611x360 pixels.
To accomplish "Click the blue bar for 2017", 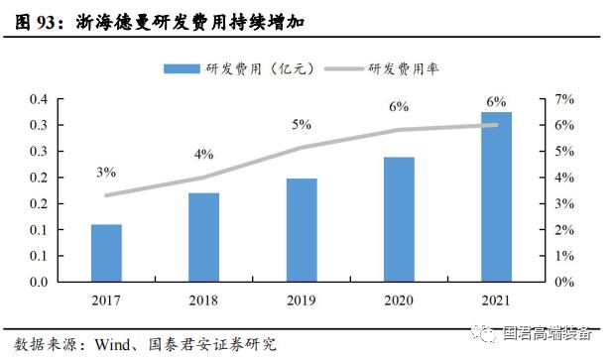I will (x=106, y=253).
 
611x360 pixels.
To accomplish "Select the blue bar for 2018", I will (x=203, y=237).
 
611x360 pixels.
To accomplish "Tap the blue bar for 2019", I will (x=302, y=230).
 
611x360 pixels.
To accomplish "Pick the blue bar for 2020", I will (x=399, y=219).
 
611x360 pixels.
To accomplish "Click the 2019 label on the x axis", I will (x=302, y=300).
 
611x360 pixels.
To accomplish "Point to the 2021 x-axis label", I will (x=497, y=300).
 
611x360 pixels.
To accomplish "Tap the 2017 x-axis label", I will (x=106, y=300).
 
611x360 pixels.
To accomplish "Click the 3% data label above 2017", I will (x=106, y=172).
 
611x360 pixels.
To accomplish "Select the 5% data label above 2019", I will (x=302, y=125).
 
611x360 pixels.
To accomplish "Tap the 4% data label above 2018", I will (x=203, y=154).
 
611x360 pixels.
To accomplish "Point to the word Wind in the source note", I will (x=114, y=345).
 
